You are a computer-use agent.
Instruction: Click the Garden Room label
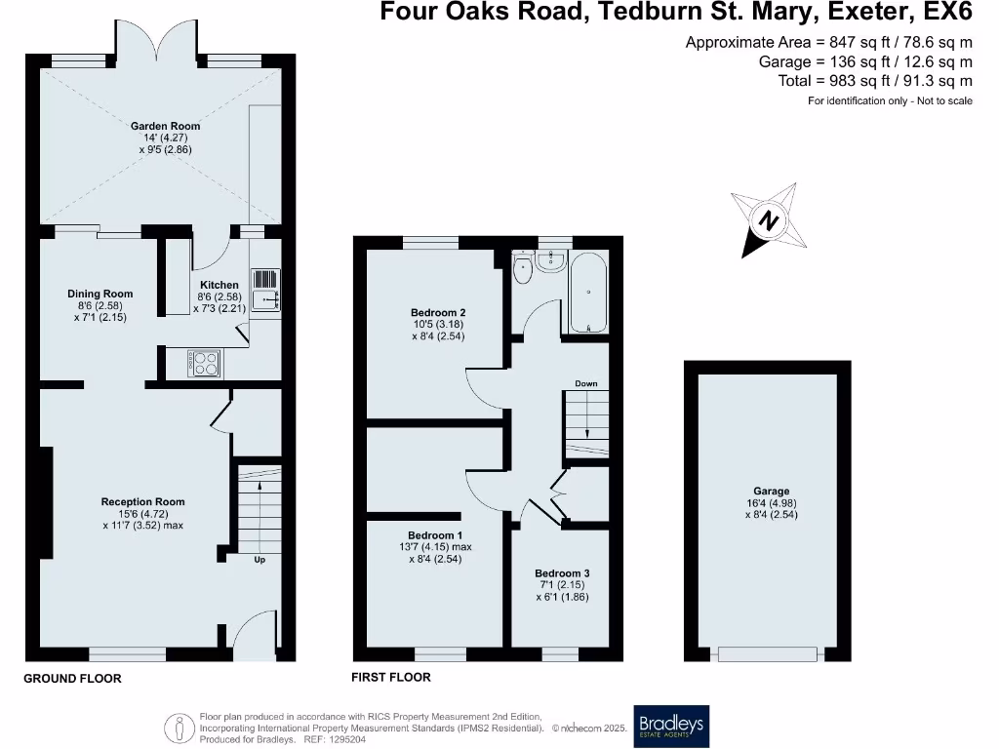pyautogui.click(x=166, y=126)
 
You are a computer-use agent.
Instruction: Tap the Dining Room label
pyautogui.click(x=100, y=294)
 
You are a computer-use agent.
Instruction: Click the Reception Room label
pyautogui.click(x=142, y=502)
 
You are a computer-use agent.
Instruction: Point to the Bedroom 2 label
pyautogui.click(x=430, y=312)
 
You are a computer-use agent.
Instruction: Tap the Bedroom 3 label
pyautogui.click(x=561, y=573)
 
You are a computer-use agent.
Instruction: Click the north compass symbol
pyautogui.click(x=770, y=220)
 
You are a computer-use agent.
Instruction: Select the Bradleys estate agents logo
pyautogui.click(x=671, y=726)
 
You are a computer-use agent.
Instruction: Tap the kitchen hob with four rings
pyautogui.click(x=204, y=364)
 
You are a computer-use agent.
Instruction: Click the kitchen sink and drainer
pyautogui.click(x=265, y=290)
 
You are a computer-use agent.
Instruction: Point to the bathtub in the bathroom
pyautogui.click(x=586, y=293)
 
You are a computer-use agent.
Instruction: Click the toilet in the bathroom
pyautogui.click(x=524, y=268)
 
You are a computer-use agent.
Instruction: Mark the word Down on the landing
pyautogui.click(x=585, y=383)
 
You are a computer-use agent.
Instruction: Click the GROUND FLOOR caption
pyautogui.click(x=73, y=678)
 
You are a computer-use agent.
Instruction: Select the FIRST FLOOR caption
pyautogui.click(x=390, y=677)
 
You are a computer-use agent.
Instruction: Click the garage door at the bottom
pyautogui.click(x=767, y=654)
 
